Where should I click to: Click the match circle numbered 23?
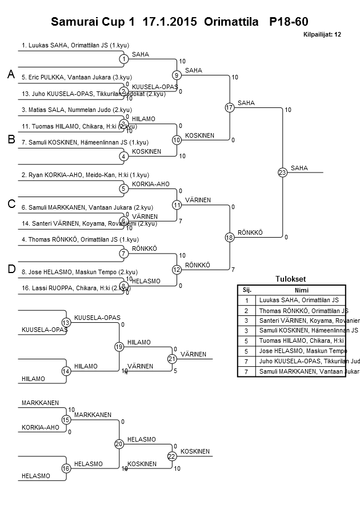point(282,173)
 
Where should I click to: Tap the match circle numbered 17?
point(229,107)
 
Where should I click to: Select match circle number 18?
point(229,237)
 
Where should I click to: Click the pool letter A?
point(11,75)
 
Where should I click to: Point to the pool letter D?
point(11,269)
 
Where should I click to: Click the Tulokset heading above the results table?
point(291,279)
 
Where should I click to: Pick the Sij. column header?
point(246,290)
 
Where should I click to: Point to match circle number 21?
point(172,359)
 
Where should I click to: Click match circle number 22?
point(172,456)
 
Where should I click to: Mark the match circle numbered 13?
point(66,323)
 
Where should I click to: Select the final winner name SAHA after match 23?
point(299,168)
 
